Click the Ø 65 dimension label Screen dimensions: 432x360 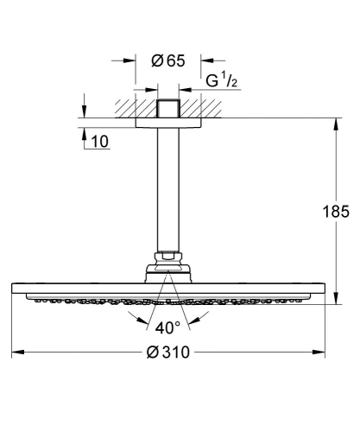[168, 61]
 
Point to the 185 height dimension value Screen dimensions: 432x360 [336, 210]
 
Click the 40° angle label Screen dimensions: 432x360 [168, 328]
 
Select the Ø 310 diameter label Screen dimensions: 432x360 [167, 354]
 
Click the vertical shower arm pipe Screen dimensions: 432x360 [168, 190]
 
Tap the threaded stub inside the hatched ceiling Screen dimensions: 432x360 [168, 111]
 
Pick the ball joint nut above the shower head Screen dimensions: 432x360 [168, 257]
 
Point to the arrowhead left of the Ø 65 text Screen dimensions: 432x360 [132, 61]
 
